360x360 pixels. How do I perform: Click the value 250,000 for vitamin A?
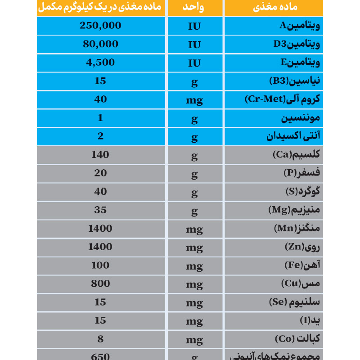coord(100,26)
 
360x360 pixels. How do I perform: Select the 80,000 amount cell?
coord(100,44)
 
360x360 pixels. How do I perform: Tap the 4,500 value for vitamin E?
coord(100,63)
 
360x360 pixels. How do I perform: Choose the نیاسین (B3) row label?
coord(294,81)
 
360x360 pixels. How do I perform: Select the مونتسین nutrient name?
coord(301,118)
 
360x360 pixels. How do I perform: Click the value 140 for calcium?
coord(100,155)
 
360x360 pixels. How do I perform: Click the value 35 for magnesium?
coord(100,210)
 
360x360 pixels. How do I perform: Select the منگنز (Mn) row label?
coord(297,229)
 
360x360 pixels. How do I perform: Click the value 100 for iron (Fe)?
coord(100,265)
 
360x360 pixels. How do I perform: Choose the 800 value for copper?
coord(100,284)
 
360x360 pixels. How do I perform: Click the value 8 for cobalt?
coord(100,339)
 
